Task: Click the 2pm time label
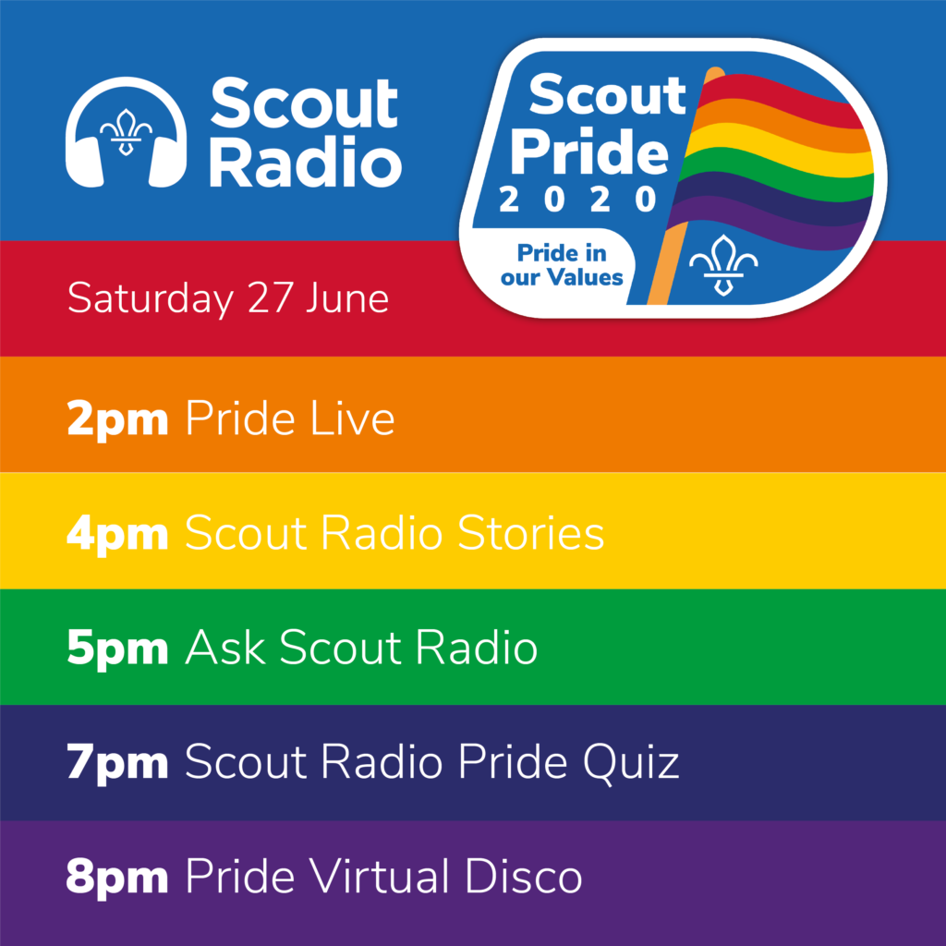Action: [117, 420]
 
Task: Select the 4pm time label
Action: [117, 535]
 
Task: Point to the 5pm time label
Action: [117, 649]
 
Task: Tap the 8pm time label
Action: [117, 879]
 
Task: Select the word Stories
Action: [531, 533]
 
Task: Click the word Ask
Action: [225, 648]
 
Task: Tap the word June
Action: [347, 298]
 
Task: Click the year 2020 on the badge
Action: [578, 200]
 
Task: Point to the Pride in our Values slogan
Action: [562, 265]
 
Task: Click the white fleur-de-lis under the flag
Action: [723, 265]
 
